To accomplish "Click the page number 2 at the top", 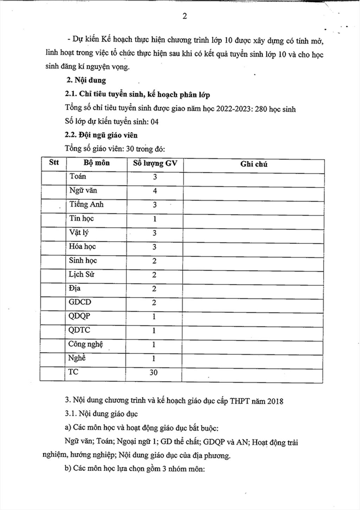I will click(185, 17).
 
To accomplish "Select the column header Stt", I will click(54, 162).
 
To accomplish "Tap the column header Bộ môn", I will click(96, 163).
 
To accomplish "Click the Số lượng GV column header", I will click(155, 163).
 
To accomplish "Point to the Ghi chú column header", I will click(253, 164).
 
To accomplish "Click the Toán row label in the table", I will click(78, 176).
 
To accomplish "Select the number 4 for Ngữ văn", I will click(155, 191).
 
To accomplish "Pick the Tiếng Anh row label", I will click(86, 205).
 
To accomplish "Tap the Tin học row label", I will click(81, 219).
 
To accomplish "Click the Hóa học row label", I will click(82, 247).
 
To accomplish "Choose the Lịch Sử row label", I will click(81, 275).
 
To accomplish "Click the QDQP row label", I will click(79, 316).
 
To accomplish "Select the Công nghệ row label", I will click(85, 344).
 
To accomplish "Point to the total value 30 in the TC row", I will click(154, 373).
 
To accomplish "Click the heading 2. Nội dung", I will click(86, 80).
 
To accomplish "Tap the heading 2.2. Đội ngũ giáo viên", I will click(101, 135).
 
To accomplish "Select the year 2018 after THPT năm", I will click(275, 401).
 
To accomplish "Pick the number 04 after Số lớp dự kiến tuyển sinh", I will click(154, 122).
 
